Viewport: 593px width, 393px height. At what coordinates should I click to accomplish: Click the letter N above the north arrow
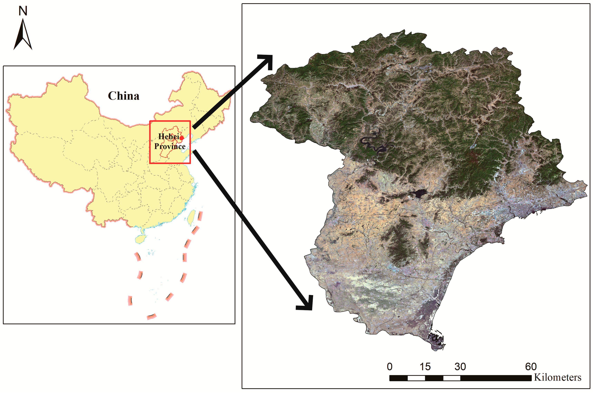[x=23, y=11]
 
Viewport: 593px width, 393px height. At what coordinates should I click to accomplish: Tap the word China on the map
[x=123, y=96]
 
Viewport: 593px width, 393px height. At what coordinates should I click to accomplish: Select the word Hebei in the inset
[x=169, y=137]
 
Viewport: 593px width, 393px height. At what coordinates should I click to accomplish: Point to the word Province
[x=170, y=146]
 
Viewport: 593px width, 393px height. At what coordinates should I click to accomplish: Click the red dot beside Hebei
[x=181, y=138]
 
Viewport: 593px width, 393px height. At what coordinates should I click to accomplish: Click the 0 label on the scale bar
[x=389, y=367]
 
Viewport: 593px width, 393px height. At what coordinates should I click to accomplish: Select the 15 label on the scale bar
[x=425, y=367]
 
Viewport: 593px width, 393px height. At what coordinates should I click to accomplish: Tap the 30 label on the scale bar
[x=460, y=367]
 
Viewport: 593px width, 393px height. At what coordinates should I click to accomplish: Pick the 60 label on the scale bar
[x=531, y=367]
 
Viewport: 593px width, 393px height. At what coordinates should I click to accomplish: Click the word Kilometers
[x=557, y=377]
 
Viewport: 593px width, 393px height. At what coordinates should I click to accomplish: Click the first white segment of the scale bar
[x=416, y=378]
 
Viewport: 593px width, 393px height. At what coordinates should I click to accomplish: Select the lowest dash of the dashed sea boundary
[x=151, y=317]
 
